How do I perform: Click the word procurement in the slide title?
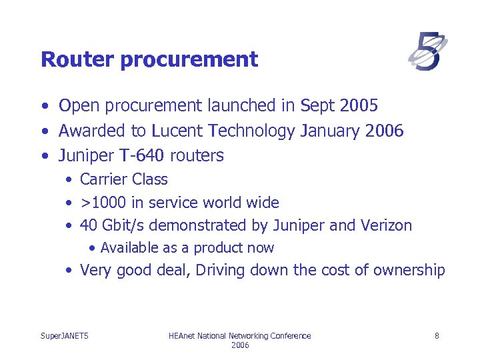tap(189, 60)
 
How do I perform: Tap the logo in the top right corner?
tap(427, 52)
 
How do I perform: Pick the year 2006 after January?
tap(385, 131)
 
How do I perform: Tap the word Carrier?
tap(103, 179)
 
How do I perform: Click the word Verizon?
tap(387, 225)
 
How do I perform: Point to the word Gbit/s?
tap(127, 226)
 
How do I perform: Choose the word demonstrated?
tap(201, 225)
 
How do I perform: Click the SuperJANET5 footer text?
tap(65, 336)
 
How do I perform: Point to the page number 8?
tap(437, 336)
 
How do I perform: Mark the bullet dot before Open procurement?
tap(44, 106)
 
